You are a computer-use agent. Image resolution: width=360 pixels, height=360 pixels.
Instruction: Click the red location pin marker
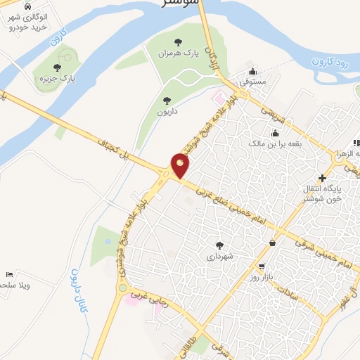pos(180,165)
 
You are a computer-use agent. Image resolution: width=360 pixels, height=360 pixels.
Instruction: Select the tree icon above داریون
pos(167,101)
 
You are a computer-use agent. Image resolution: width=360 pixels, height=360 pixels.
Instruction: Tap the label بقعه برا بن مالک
pos(275,143)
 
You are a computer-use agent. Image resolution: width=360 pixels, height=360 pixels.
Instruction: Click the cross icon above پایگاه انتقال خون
pos(323,178)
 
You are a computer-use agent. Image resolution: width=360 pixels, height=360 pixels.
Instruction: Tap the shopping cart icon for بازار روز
pos(262,267)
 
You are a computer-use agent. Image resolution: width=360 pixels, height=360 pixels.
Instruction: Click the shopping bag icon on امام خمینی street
pos(272,243)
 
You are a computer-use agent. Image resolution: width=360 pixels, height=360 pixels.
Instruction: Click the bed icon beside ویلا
pos(8,274)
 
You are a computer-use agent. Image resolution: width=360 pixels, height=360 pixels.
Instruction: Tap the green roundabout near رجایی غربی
pos(123,288)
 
